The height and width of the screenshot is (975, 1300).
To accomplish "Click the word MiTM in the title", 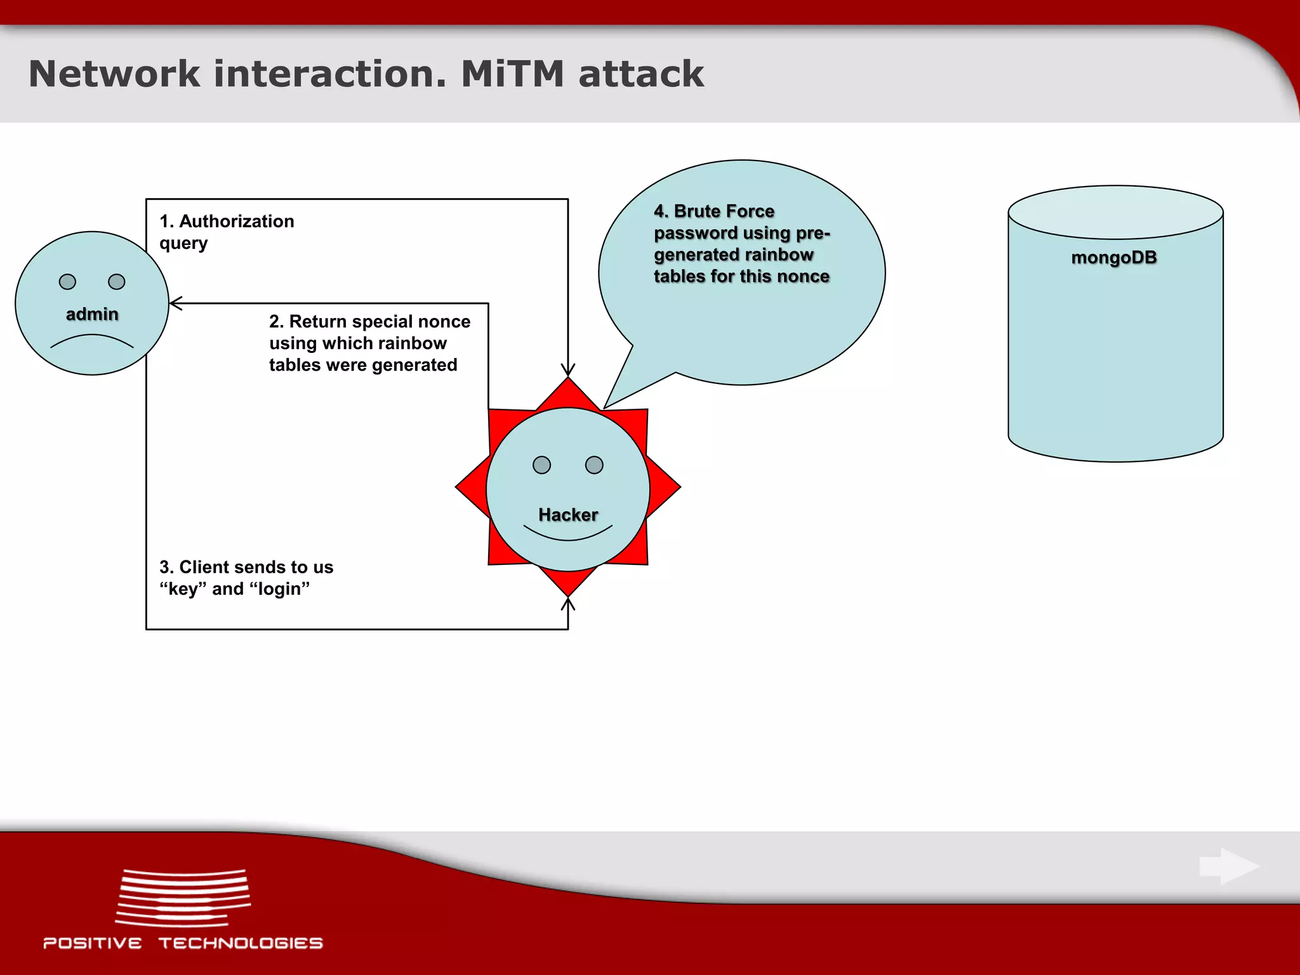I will pos(512,74).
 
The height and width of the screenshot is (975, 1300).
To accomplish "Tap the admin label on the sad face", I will pos(92,314).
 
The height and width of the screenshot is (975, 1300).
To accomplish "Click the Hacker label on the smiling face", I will pos(567,515).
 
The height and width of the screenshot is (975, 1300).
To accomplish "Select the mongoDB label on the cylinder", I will pos(1114,258).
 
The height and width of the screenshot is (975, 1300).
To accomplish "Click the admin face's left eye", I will pos(67,282).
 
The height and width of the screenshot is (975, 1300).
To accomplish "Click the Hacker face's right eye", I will pos(594,465).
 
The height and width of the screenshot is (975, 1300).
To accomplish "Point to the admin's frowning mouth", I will pos(92,340).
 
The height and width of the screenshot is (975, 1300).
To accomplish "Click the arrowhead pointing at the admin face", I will pos(176,303).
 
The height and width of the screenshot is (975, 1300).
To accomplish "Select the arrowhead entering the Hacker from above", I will pos(567,370).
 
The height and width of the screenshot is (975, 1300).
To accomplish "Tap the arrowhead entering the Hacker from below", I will pos(567,604).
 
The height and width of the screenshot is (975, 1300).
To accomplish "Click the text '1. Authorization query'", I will pos(226,232).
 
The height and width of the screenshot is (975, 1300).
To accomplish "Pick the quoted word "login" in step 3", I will pos(279,589).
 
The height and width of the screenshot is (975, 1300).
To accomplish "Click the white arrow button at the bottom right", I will pos(1229,866).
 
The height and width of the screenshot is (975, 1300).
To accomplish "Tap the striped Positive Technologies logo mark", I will pos(183,898).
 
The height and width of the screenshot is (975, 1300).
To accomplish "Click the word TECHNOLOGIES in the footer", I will pos(241,943).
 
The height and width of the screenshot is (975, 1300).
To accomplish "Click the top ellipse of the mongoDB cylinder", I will pos(1115,212).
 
